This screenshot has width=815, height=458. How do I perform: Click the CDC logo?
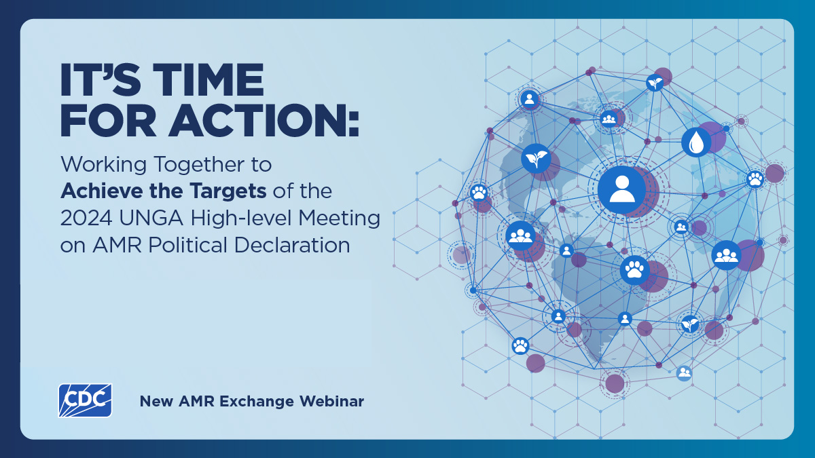[85, 400]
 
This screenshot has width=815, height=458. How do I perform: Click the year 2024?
[83, 218]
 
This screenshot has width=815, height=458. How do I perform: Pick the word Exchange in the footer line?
[265, 402]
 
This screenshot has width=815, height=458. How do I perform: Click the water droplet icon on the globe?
[696, 142]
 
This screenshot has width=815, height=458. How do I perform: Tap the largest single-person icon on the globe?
[621, 189]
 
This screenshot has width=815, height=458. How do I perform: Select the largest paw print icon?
[635, 270]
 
